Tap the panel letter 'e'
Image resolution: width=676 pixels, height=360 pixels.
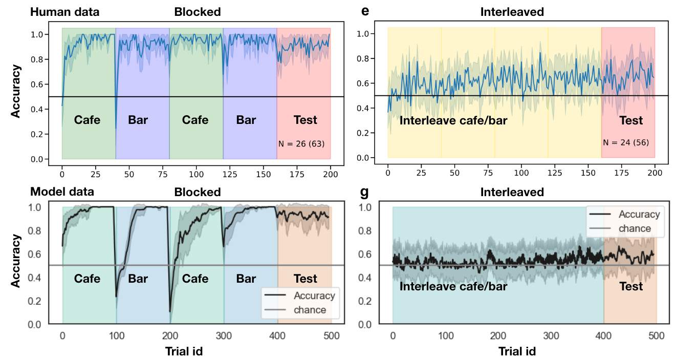pyautogui.click(x=365, y=11)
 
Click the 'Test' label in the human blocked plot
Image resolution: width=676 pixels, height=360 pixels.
pyautogui.click(x=305, y=120)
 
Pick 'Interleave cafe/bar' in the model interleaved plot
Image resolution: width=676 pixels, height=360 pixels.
pyautogui.click(x=453, y=286)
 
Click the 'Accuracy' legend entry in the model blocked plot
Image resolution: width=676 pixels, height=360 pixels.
pyautogui.click(x=314, y=295)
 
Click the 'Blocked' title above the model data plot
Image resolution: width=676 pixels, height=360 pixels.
pyautogui.click(x=198, y=192)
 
